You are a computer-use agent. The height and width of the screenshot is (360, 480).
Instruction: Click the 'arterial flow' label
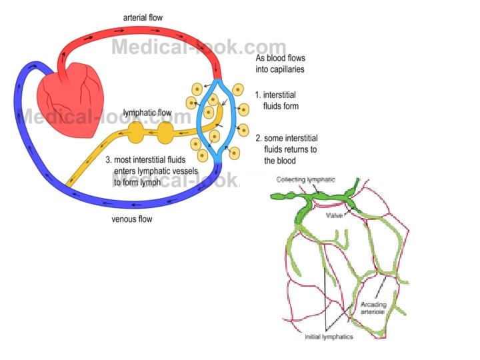click(x=144, y=16)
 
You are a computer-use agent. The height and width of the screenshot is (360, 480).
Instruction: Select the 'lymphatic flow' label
click(x=149, y=113)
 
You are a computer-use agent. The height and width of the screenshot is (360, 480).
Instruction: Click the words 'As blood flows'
click(x=281, y=58)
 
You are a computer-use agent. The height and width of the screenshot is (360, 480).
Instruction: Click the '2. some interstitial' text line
click(x=286, y=138)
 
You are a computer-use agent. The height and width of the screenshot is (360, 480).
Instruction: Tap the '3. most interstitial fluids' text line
click(x=155, y=160)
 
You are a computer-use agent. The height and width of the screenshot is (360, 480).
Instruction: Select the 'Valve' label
click(x=335, y=216)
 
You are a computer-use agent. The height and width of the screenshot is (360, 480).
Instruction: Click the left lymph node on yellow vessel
click(x=136, y=134)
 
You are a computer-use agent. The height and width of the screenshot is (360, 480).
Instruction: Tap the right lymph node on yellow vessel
click(x=165, y=133)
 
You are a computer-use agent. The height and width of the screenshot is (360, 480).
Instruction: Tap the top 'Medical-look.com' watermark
click(x=198, y=47)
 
